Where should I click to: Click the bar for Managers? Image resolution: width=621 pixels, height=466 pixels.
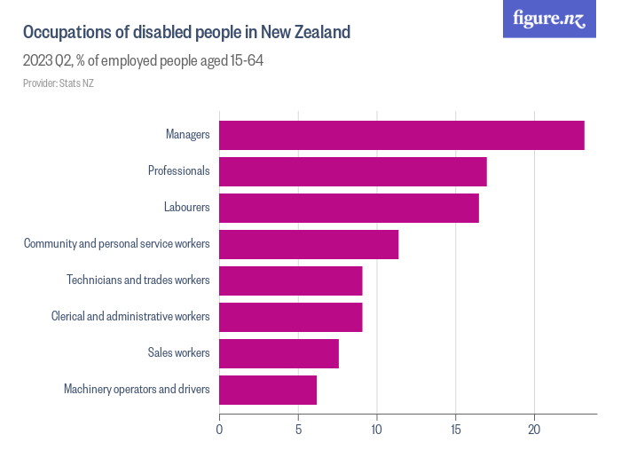(401, 135)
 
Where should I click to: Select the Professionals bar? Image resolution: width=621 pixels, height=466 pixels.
(352, 171)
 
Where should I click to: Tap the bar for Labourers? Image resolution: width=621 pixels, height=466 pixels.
(349, 208)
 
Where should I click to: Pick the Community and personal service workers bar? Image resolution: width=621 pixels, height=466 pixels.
(309, 244)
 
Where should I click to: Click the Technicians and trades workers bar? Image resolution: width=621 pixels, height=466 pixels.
(290, 280)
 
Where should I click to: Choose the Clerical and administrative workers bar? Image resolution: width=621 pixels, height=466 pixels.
(290, 317)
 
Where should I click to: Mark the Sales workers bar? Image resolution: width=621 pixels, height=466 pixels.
(279, 353)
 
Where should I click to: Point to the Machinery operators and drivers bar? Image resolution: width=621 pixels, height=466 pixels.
(268, 390)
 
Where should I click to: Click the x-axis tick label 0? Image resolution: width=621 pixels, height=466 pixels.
(219, 430)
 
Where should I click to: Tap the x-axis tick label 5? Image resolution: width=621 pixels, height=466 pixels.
(298, 430)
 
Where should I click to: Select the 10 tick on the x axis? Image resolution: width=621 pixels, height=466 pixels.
(377, 430)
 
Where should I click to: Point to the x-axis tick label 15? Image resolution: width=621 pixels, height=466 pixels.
(456, 430)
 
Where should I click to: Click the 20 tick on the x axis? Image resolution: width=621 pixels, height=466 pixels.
(535, 430)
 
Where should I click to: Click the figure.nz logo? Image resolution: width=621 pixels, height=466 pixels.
(549, 19)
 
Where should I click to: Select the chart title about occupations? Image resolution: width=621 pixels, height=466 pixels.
(186, 33)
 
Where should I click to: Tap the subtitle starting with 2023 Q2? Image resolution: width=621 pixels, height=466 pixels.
(143, 61)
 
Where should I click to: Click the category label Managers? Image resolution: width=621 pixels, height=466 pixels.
(187, 135)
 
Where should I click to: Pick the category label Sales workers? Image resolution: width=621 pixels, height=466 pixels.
(178, 353)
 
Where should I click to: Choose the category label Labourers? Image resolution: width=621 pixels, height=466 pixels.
(186, 208)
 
